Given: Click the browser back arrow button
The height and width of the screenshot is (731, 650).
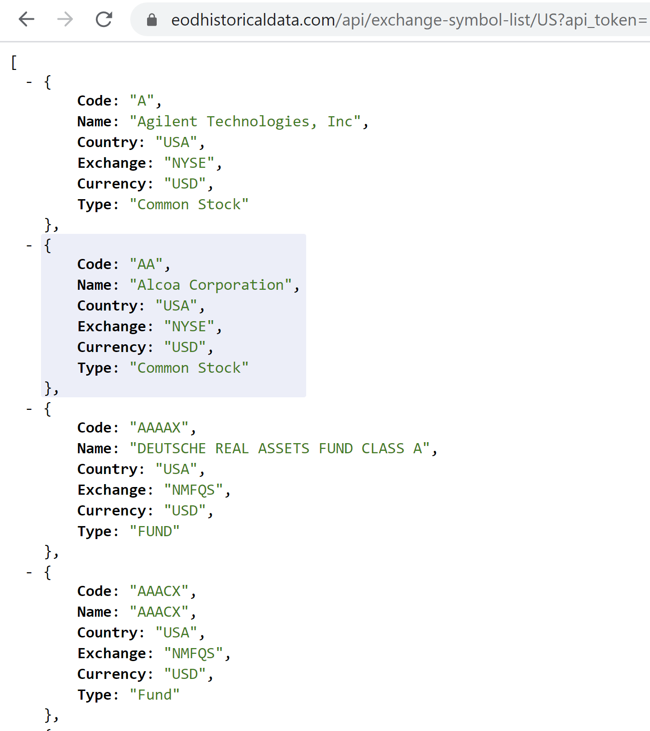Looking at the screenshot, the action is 27,19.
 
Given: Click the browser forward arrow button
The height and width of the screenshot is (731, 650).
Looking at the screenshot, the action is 65,19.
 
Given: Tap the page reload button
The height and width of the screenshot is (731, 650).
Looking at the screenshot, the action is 104,19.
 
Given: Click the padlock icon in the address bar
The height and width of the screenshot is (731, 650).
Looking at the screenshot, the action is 152,20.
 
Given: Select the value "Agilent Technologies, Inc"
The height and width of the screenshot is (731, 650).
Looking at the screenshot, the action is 245,122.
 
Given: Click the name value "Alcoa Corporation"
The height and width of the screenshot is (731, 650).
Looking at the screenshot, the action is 211,285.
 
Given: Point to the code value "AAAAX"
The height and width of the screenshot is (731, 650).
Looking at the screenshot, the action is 159,428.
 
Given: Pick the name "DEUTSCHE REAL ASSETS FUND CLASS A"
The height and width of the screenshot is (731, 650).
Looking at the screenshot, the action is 280,448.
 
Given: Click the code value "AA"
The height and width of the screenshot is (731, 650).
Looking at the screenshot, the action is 146,264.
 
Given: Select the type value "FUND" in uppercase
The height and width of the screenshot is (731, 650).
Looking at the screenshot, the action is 155,531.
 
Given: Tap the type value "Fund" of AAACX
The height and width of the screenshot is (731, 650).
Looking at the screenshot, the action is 155,695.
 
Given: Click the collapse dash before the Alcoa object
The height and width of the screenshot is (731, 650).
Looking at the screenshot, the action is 29,245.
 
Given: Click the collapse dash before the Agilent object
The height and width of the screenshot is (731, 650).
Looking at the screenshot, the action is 29,82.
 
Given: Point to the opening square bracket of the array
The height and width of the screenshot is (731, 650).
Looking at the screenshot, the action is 14,62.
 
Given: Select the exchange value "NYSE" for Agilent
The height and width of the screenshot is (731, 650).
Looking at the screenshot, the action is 189,163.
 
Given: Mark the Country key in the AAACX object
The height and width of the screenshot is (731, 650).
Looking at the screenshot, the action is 108,633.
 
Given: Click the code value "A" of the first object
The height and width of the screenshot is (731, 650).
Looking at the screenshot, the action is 142,101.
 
